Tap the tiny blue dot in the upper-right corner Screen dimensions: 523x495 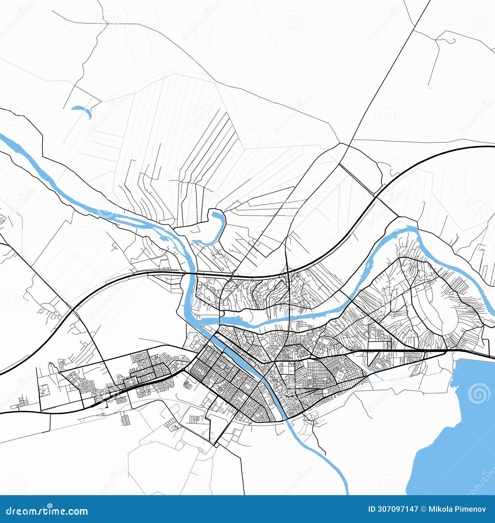(430, 88)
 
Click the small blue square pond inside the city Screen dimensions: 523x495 (246, 333)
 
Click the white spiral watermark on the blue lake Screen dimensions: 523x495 (479, 393)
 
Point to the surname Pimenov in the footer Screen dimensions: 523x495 (472, 509)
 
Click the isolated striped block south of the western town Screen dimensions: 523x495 (125, 419)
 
